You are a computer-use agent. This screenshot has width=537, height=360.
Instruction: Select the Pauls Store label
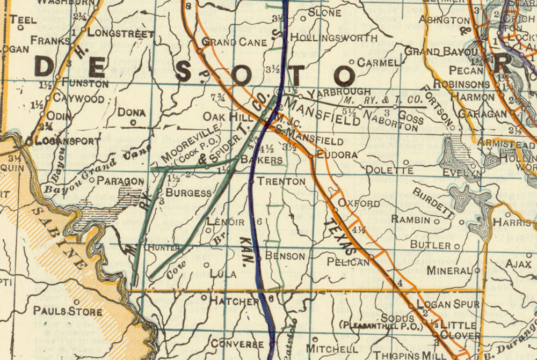click(67, 311)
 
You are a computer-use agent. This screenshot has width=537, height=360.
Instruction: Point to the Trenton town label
click(281, 181)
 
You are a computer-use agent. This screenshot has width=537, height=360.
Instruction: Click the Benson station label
click(285, 256)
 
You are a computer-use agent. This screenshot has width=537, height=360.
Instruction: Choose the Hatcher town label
click(234, 302)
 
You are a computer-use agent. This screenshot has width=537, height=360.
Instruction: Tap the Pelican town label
click(348, 262)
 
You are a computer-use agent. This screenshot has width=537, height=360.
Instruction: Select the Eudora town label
click(337, 155)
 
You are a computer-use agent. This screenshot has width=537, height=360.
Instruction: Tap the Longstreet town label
click(120, 33)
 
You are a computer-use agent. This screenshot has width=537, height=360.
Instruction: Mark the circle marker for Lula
click(206, 265)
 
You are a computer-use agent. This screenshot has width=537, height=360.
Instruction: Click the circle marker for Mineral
click(477, 270)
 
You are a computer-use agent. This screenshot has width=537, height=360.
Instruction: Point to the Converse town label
click(237, 343)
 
